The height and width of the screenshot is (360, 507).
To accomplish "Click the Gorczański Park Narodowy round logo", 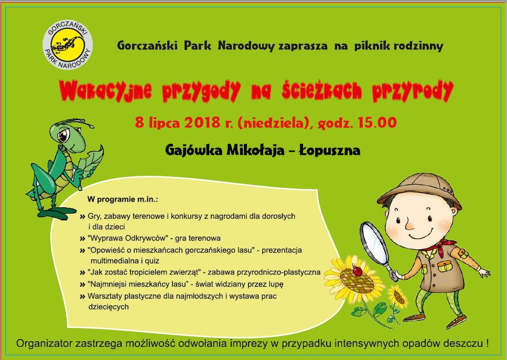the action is tap(68, 45).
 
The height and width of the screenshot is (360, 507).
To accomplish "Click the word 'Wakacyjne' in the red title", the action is tap(105, 90).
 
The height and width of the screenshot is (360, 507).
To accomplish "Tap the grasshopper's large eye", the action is tap(64, 135).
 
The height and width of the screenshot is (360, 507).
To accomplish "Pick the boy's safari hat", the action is tap(419, 190).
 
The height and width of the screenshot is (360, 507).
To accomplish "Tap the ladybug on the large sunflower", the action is tap(358, 271).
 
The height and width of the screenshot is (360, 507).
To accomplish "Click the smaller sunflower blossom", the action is tap(398, 297).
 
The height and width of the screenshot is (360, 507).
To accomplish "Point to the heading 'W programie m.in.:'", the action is tap(123, 199).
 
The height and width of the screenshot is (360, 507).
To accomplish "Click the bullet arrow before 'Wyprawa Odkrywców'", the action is tap(82, 239).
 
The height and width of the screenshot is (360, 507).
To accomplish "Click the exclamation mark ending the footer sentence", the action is tap(487, 343).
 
